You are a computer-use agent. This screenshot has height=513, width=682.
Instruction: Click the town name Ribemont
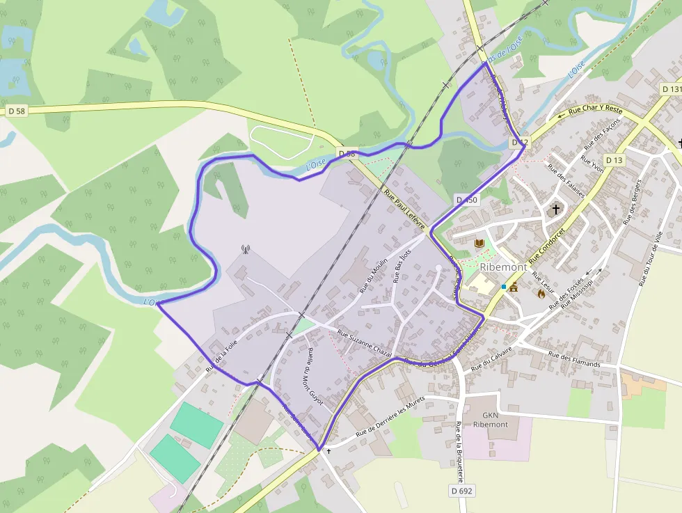502,267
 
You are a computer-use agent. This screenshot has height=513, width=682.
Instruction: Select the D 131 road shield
672,89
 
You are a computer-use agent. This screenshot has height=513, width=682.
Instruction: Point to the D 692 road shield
461,491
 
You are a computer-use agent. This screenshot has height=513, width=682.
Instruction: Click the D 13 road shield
614,160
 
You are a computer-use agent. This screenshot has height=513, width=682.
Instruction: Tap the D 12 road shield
520,142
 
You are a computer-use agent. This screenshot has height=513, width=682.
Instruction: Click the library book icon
479,243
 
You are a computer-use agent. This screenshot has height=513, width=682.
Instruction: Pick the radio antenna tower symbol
245,248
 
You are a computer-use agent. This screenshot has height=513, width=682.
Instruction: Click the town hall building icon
514,287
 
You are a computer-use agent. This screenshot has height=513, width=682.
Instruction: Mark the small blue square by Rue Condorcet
504,286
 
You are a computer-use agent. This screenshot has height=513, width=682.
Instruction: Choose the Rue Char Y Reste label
595,109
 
